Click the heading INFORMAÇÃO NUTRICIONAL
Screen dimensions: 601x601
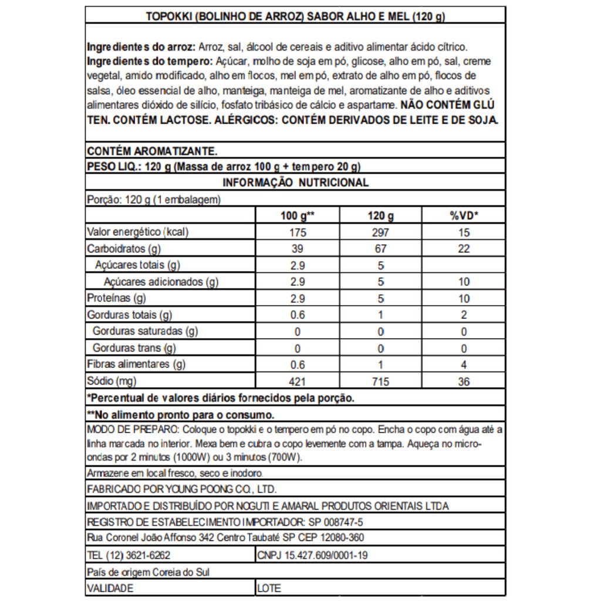click(296, 183)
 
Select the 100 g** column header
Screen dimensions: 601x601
click(298, 215)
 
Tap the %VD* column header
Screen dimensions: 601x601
click(464, 215)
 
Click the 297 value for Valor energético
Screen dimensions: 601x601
click(380, 232)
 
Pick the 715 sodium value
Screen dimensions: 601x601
click(380, 382)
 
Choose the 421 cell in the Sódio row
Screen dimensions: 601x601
click(298, 382)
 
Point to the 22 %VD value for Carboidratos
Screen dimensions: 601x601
click(464, 249)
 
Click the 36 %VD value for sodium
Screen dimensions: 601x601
click(464, 382)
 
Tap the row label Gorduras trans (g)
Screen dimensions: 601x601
click(134, 348)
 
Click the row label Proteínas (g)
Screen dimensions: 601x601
click(116, 298)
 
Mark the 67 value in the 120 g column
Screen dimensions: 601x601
click(380, 249)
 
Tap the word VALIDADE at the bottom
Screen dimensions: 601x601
click(110, 588)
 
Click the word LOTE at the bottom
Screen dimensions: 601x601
click(269, 588)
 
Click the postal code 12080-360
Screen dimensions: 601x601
click(343, 538)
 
